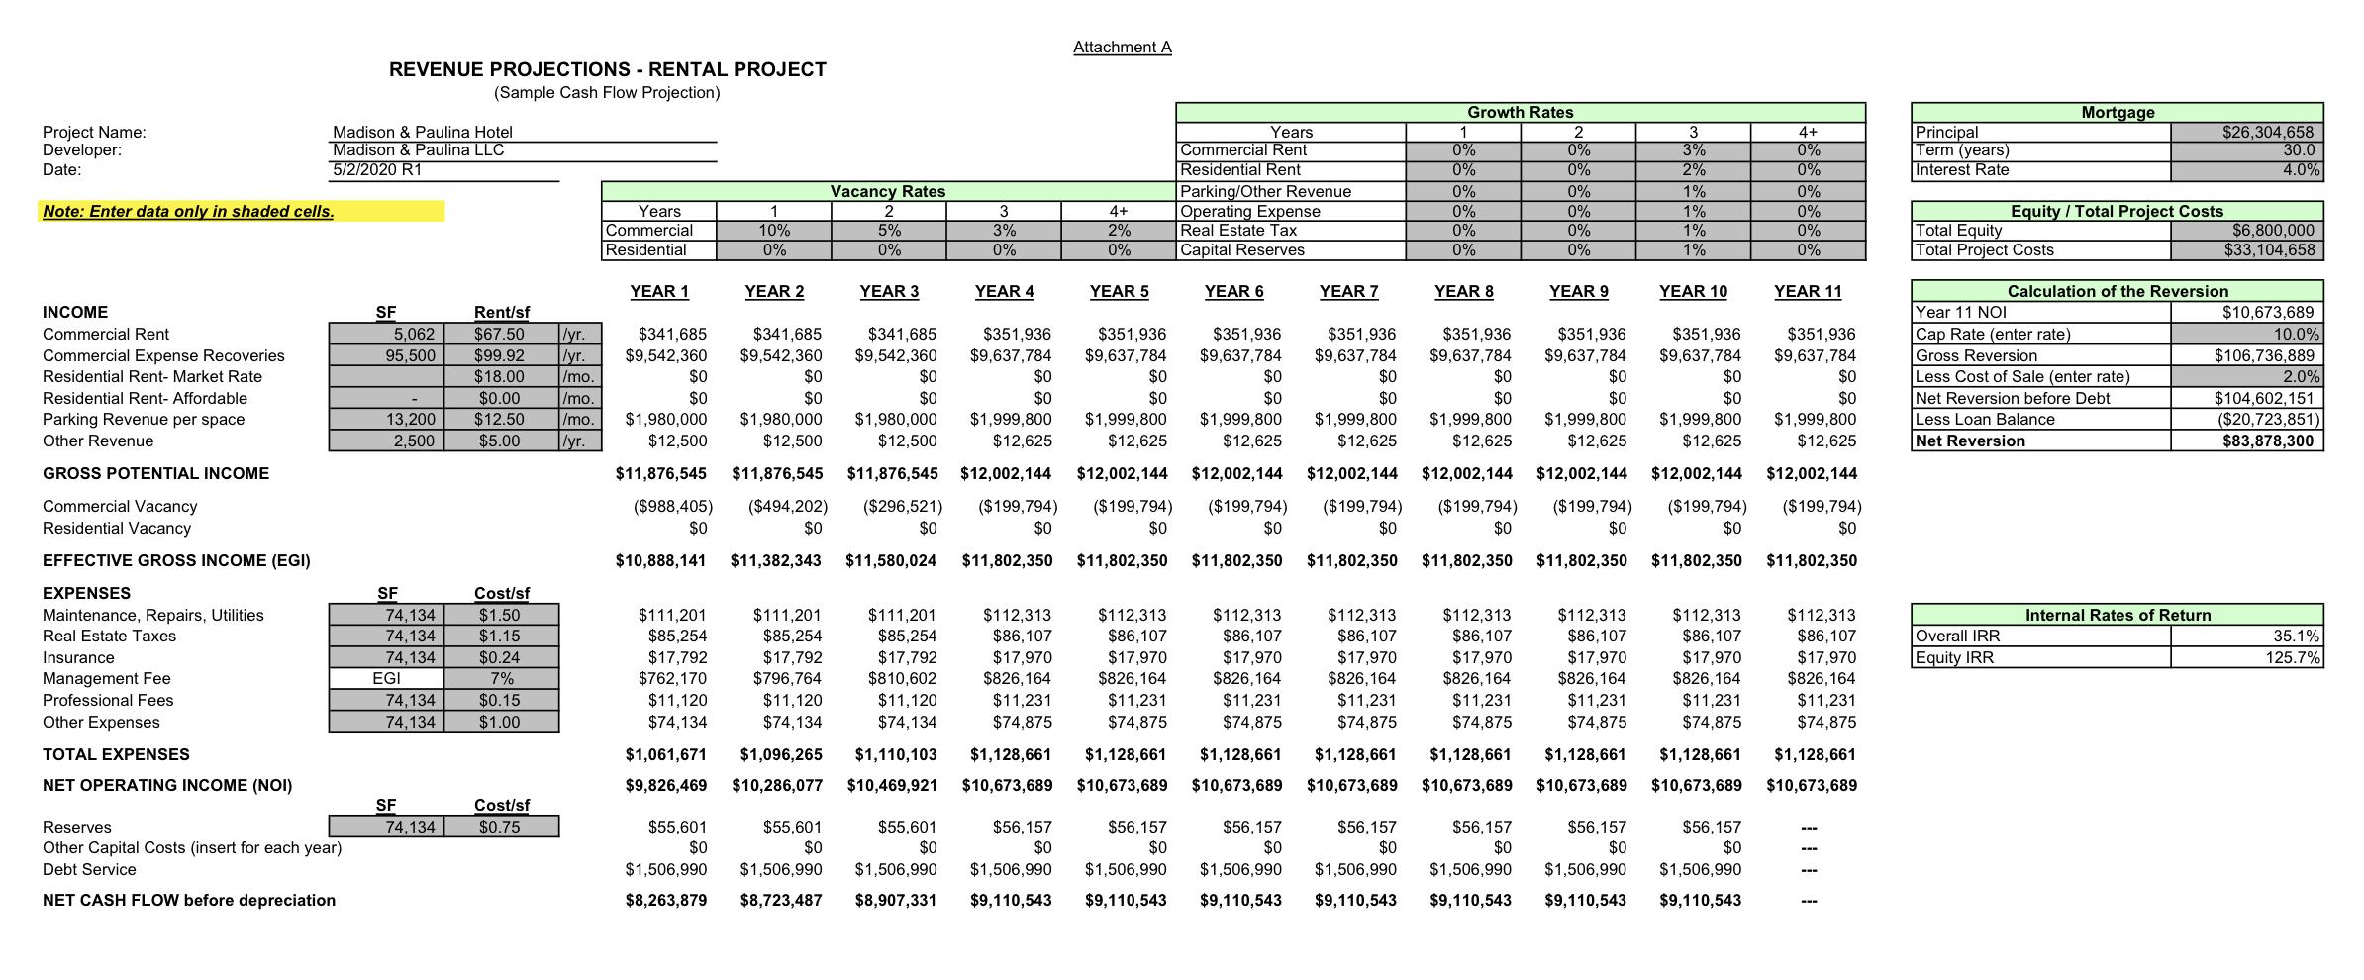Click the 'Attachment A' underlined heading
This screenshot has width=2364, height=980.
1122,48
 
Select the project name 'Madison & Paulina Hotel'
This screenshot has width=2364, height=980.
423,132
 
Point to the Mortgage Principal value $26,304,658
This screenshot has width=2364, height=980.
2268,132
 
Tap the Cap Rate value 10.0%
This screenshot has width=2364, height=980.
2296,334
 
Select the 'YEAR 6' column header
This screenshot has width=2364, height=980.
1233,291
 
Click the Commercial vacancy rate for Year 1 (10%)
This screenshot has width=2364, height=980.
774,231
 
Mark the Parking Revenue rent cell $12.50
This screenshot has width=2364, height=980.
499,419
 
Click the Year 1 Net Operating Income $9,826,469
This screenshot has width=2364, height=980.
660,785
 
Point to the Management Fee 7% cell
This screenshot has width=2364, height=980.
501,678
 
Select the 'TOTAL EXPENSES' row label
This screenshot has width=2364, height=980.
116,754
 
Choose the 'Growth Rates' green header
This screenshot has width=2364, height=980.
1520,113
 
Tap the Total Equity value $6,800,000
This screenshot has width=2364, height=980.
2273,231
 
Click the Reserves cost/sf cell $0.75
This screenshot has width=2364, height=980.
499,827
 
